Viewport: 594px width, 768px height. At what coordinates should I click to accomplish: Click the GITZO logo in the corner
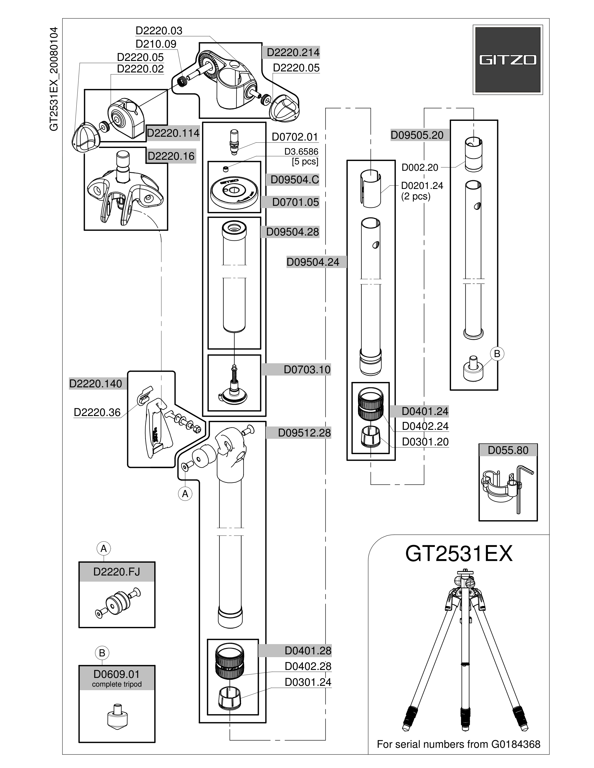click(507, 60)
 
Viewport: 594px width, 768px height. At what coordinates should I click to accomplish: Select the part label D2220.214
click(293, 52)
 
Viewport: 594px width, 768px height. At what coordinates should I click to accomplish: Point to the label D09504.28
click(292, 232)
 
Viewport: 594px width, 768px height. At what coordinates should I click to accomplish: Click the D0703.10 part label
click(307, 370)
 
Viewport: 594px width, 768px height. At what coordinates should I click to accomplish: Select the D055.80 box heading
click(508, 450)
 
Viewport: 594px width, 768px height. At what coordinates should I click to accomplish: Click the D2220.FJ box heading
click(117, 572)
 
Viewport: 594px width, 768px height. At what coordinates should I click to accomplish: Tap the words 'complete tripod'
click(117, 684)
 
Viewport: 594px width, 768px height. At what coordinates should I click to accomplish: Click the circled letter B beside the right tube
click(497, 354)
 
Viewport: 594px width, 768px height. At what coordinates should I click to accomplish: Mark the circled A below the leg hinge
click(185, 494)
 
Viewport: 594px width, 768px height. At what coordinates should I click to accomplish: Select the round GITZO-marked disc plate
click(234, 192)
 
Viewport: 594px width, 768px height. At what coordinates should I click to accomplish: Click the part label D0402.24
click(425, 426)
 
